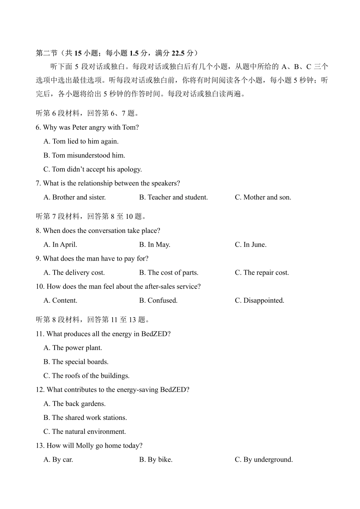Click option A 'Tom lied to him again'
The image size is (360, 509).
tap(81, 141)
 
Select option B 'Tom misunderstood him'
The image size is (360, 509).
tap(84, 156)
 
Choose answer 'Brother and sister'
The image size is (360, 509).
tap(75, 197)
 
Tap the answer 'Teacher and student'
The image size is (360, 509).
tap(174, 197)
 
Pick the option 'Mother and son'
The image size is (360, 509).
tap(263, 197)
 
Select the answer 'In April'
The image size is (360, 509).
tap(60, 245)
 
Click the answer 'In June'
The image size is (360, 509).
tap(250, 245)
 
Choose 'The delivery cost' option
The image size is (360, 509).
tap(74, 273)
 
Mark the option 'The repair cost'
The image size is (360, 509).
tap(262, 273)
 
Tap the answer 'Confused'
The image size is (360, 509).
tap(158, 300)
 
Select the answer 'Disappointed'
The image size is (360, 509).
tap(260, 300)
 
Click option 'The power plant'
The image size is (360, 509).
tap(73, 348)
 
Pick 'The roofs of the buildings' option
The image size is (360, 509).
tap(86, 376)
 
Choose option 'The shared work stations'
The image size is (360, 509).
tap(85, 418)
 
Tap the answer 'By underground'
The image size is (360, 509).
tap(264, 460)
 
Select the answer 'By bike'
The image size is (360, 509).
tap(156, 460)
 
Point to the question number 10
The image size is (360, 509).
tap(40, 287)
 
